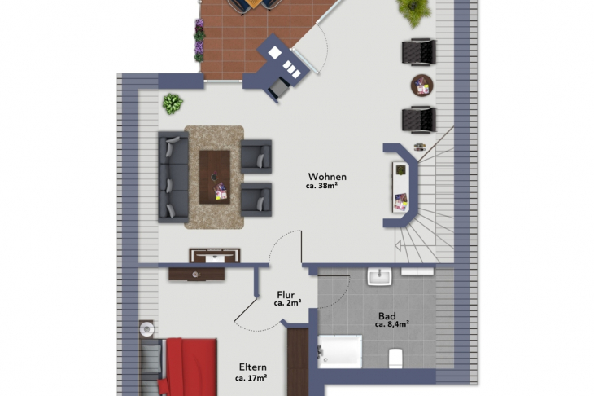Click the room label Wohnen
click(x=327, y=177)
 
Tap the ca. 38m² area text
click(x=321, y=186)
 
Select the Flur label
click(x=286, y=295)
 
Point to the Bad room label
click(x=387, y=316)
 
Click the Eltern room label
click(x=253, y=367)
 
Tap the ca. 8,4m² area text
click(x=391, y=324)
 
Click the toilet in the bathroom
click(x=395, y=358)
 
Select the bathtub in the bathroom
click(x=340, y=352)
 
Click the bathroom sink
click(x=379, y=276)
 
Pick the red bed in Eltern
click(x=187, y=367)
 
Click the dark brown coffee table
click(x=215, y=177)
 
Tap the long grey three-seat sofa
click(x=173, y=177)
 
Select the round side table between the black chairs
click(x=422, y=86)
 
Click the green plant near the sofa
click(x=173, y=104)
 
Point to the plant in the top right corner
click(x=414, y=11)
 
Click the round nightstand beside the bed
click(x=146, y=329)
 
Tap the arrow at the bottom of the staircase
click(x=398, y=246)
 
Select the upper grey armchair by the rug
click(x=256, y=156)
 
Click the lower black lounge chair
click(x=418, y=120)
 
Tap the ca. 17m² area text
click(x=251, y=378)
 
